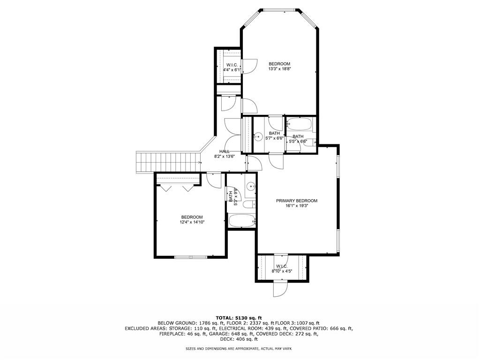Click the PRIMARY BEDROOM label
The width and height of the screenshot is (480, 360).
pyautogui.click(x=296, y=201)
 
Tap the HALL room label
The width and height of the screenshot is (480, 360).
pyautogui.click(x=225, y=151)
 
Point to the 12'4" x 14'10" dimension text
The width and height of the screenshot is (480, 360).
pyautogui.click(x=192, y=222)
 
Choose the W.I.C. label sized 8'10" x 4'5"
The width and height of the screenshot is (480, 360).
pyautogui.click(x=282, y=266)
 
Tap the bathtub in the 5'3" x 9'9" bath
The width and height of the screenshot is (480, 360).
pyautogui.click(x=241, y=220)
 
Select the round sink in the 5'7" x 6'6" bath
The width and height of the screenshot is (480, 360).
pyautogui.click(x=258, y=137)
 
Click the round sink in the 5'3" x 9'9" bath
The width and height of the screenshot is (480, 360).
pyautogui.click(x=250, y=185)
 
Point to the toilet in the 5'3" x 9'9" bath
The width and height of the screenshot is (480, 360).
pyautogui.click(x=249, y=204)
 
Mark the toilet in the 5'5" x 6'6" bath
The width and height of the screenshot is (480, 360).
pyautogui.click(x=309, y=144)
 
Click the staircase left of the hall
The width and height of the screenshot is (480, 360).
pyautogui.click(x=167, y=162)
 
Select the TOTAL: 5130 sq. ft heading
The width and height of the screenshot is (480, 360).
pyautogui.click(x=239, y=318)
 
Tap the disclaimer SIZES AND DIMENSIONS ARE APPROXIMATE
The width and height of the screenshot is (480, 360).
pyautogui.click(x=239, y=349)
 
